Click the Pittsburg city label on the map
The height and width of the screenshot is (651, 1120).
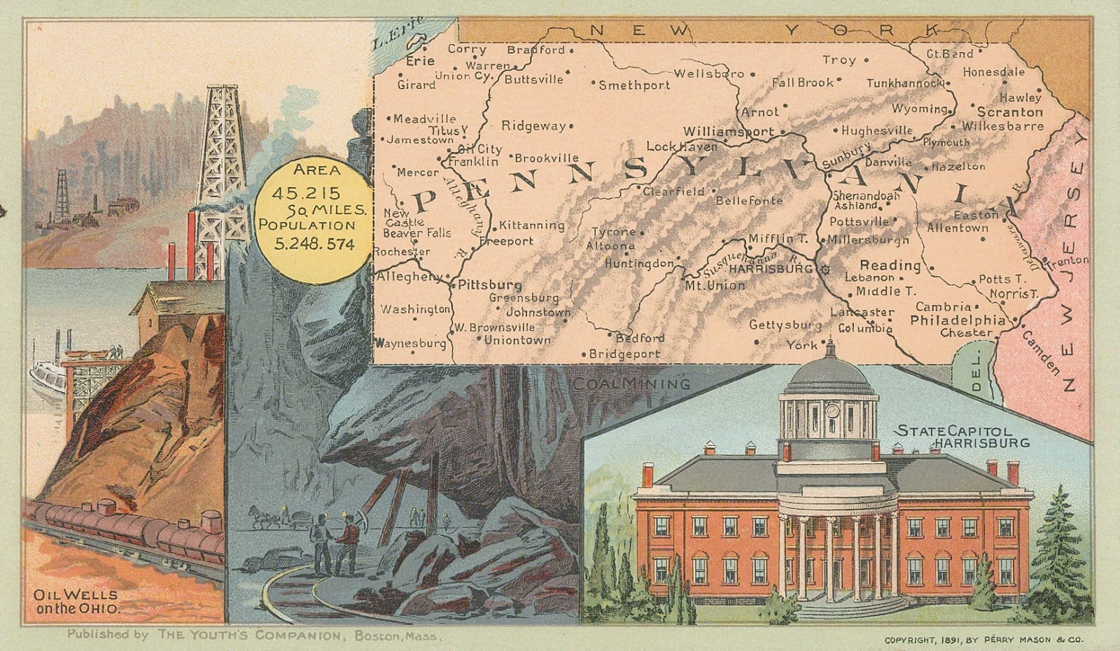[x=490, y=285]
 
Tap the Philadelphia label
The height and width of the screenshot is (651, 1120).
[x=958, y=320]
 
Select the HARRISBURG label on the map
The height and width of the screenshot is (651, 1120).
[x=770, y=268]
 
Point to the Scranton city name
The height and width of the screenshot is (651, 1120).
[x=1009, y=112]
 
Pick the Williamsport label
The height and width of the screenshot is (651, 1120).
[x=728, y=131]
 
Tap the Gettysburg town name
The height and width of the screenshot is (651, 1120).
[x=785, y=325]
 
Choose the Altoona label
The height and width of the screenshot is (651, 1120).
[x=610, y=246]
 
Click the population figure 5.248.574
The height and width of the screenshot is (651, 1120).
[x=314, y=244]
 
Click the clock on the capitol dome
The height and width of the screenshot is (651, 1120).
[x=832, y=410]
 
